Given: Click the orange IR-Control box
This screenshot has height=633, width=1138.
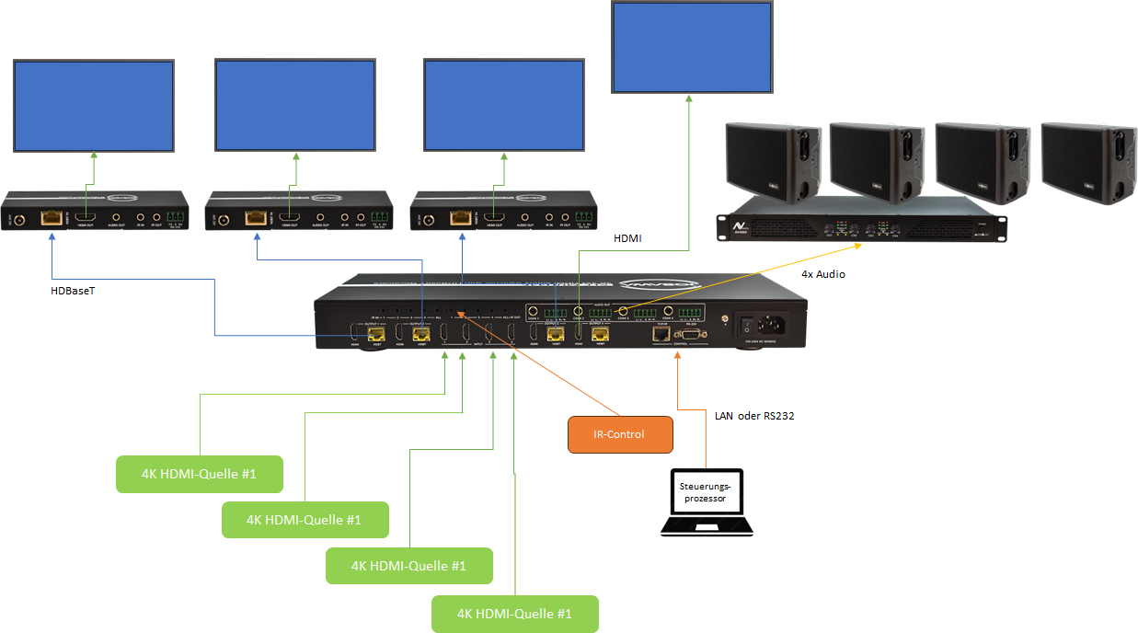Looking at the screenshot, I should [x=619, y=434].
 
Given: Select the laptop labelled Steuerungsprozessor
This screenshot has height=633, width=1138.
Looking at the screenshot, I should [x=707, y=502].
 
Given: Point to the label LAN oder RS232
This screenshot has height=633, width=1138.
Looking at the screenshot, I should [x=753, y=416].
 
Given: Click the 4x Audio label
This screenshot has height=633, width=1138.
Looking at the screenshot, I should [x=823, y=274].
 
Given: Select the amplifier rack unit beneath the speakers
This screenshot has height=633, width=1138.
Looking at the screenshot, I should [x=862, y=222].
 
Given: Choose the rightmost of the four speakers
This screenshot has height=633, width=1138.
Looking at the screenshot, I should [x=1084, y=161].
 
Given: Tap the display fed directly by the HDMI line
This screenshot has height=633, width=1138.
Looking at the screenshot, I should [x=692, y=47].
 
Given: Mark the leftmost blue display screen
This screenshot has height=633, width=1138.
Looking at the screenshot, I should [x=93, y=106].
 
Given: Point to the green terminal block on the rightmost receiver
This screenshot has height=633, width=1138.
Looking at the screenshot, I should [x=584, y=218].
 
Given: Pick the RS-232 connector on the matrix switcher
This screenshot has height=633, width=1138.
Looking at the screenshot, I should [x=695, y=333].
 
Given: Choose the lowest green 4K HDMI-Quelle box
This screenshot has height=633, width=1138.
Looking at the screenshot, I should [x=514, y=614].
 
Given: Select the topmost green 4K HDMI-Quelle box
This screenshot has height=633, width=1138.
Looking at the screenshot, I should [x=199, y=474].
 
